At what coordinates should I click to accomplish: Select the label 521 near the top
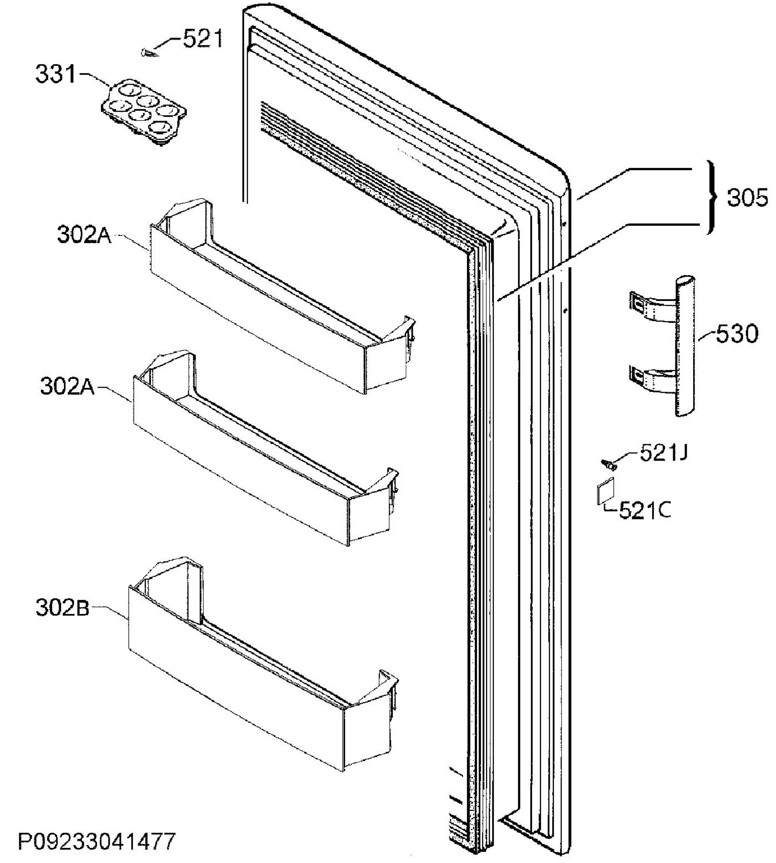point(203,39)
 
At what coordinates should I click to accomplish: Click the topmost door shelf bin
point(282,296)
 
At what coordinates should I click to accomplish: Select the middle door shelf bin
point(265,448)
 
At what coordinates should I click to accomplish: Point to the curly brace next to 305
point(711,197)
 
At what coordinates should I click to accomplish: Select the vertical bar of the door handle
point(684,346)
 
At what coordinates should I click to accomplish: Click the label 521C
point(645,510)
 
